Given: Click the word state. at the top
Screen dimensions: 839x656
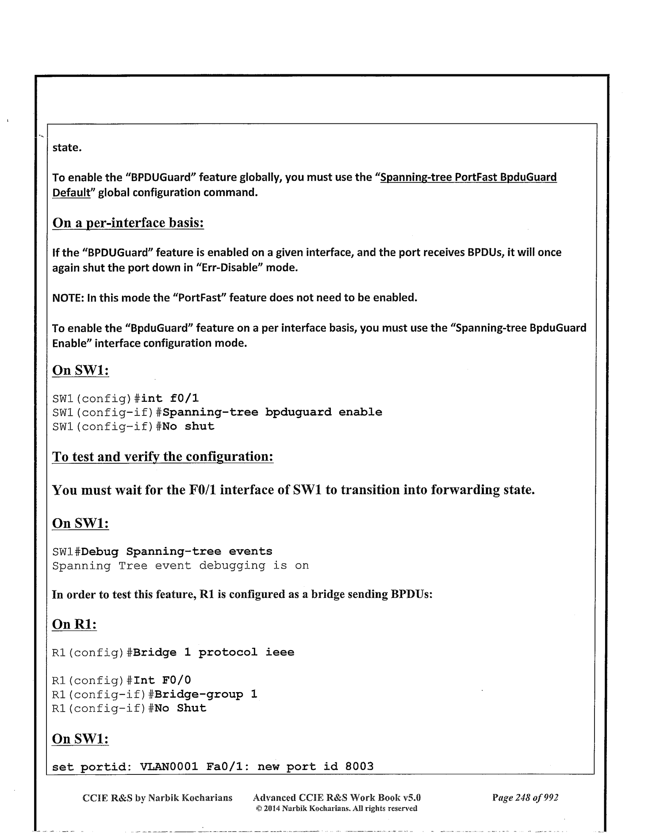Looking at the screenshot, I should click(x=67, y=147).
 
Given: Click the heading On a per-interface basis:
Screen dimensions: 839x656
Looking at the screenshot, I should click(x=128, y=223).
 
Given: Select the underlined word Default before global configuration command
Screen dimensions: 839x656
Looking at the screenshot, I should click(x=71, y=193).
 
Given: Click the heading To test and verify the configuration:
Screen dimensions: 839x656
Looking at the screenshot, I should click(x=163, y=457).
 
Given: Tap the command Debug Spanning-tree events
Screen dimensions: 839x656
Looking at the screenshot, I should click(x=177, y=552).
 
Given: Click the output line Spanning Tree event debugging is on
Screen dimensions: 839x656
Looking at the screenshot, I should click(x=180, y=566).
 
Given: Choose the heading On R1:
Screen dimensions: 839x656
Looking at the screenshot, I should click(x=74, y=624).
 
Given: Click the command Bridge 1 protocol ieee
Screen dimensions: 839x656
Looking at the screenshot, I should click(x=214, y=653).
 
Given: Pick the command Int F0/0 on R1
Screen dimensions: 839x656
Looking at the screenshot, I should click(x=162, y=680).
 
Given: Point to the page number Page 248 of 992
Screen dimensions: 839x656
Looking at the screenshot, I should click(x=525, y=798).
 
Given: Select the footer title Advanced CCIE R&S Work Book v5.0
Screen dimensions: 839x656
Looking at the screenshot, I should click(x=337, y=798).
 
